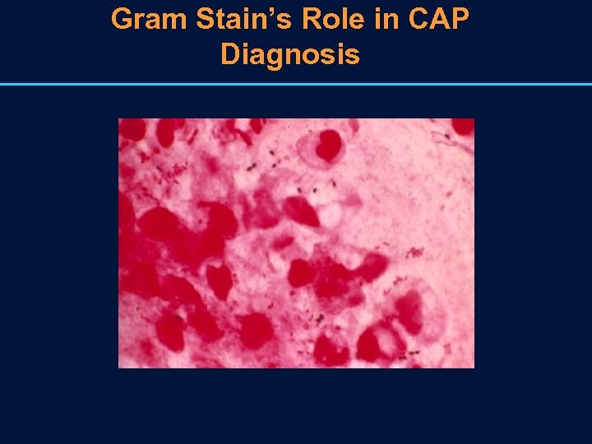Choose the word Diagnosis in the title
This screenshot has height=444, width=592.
(x=290, y=54)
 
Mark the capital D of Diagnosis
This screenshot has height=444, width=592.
(x=231, y=54)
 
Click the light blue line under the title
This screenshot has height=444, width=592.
(x=296, y=84)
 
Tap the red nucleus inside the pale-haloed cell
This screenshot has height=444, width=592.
(x=329, y=146)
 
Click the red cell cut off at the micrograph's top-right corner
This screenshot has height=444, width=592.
(x=463, y=126)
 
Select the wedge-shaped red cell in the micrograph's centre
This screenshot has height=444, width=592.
(x=301, y=211)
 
